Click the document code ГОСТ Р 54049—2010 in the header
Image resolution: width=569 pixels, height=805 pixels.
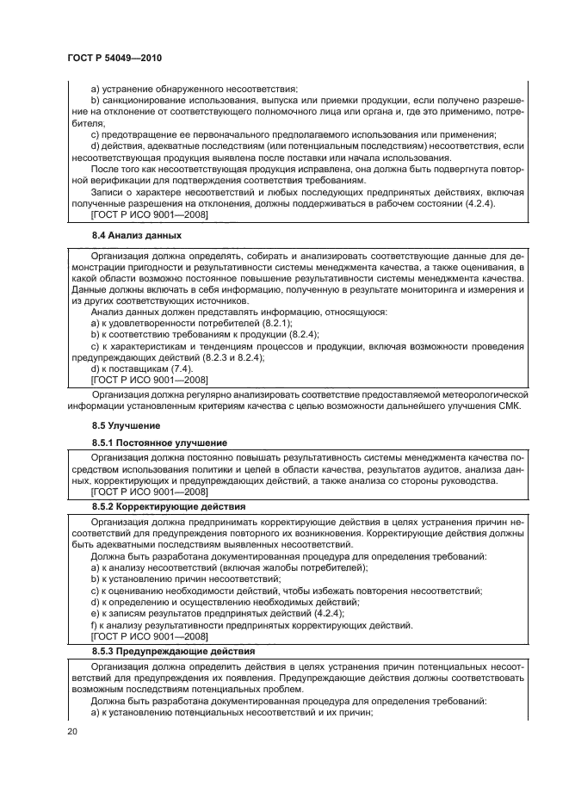tap(114, 58)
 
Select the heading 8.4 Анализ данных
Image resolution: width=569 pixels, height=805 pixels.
tap(137, 235)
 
